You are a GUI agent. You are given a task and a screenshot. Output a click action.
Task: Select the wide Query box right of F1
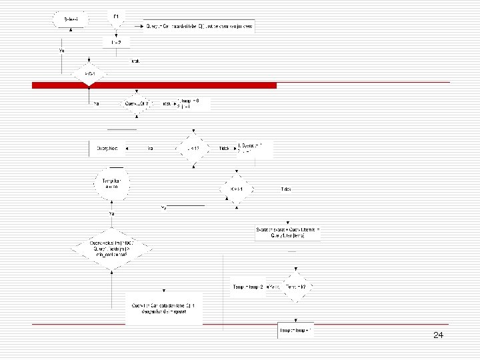coord(200,26)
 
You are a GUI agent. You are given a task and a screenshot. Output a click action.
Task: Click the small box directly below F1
coord(116,43)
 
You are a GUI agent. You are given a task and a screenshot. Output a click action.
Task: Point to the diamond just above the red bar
coord(86,73)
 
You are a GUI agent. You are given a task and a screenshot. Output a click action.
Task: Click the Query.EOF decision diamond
coord(136,103)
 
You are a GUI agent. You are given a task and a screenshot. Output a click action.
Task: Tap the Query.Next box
coord(107,147)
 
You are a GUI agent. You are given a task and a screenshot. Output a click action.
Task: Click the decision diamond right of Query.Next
coord(192,147)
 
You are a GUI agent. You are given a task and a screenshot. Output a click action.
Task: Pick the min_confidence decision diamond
coord(111,250)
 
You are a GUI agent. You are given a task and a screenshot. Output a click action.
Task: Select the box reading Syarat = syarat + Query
coord(288,232)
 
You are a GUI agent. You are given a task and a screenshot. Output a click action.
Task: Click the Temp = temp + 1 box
coord(296,330)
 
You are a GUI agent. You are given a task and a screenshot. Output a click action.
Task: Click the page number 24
coord(438,335)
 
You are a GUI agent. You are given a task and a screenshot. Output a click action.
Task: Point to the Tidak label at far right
coord(286,189)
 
